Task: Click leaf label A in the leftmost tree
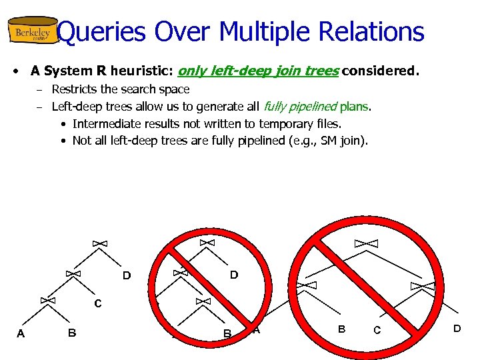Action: coord(21,334)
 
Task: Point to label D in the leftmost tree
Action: coord(126,275)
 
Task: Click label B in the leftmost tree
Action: coord(71,333)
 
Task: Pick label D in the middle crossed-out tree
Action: coord(234,275)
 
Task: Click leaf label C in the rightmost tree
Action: coord(377,330)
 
